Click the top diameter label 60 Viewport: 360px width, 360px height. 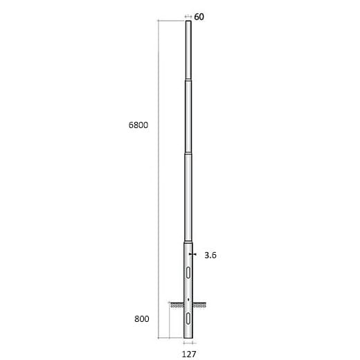click(x=199, y=17)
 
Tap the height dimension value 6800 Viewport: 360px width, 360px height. click(x=139, y=125)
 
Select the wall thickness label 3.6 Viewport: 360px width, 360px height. click(x=211, y=255)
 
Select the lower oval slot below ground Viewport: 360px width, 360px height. click(x=188, y=320)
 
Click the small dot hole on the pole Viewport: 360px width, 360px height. click(x=188, y=298)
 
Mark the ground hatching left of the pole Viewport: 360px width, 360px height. click(x=177, y=304)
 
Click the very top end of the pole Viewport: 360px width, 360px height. click(x=188, y=22)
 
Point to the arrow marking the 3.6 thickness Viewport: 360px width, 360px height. click(x=195, y=255)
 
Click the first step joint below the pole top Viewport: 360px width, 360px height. click(x=188, y=80)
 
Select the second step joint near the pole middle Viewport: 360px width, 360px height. click(x=188, y=154)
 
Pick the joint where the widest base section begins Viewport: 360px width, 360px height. click(x=188, y=242)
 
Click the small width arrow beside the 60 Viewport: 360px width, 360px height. click(x=188, y=17)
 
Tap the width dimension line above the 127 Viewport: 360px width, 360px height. click(x=188, y=343)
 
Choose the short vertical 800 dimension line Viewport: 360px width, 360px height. click(x=160, y=321)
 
